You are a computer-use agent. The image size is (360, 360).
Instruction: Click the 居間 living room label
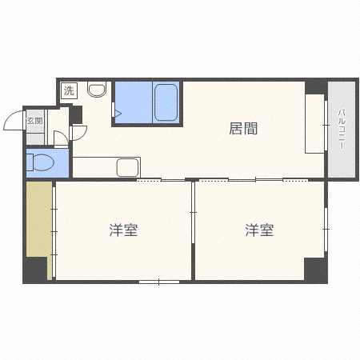(x=243, y=129)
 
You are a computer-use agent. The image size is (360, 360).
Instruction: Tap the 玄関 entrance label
(x=35, y=121)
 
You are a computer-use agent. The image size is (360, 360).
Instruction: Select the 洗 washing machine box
(x=69, y=90)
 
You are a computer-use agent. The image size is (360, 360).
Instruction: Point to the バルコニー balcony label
(x=342, y=129)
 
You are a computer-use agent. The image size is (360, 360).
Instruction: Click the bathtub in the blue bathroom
(x=166, y=102)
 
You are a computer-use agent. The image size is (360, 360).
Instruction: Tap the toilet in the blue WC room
(x=40, y=162)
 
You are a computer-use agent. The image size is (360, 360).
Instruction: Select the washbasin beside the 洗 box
(x=97, y=90)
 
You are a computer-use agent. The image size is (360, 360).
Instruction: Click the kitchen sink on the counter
(x=128, y=167)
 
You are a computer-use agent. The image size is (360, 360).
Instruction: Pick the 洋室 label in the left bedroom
(x=123, y=230)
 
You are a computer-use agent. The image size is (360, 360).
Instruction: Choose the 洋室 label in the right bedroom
(x=259, y=230)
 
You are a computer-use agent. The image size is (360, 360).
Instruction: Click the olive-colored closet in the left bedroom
(x=39, y=219)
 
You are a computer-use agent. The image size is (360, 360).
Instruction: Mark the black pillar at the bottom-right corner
(x=316, y=270)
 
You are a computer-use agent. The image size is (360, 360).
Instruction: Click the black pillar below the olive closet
(x=36, y=269)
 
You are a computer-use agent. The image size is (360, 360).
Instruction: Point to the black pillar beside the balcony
(x=316, y=86)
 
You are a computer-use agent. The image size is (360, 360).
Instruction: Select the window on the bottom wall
(x=159, y=282)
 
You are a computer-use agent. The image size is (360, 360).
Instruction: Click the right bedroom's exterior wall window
(x=326, y=230)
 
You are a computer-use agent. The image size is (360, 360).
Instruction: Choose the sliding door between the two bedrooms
(x=193, y=213)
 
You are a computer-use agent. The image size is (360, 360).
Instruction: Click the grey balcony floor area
(x=342, y=130)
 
